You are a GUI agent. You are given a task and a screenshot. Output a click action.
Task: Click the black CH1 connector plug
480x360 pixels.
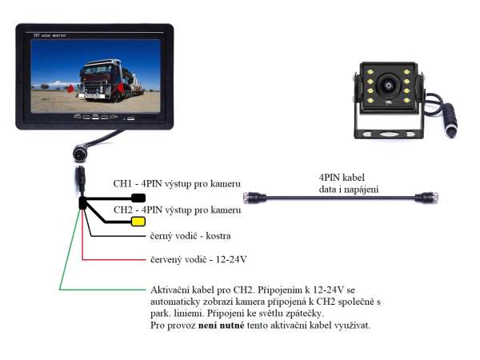pos(138,198)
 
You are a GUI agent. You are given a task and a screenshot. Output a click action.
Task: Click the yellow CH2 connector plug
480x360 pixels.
pos(138,222)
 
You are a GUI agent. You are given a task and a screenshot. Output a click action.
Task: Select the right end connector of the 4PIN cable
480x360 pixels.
pos(426,196)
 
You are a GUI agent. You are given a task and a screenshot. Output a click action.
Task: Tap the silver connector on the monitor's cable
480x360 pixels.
pos(80,152)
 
